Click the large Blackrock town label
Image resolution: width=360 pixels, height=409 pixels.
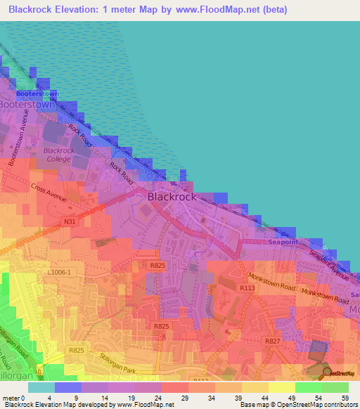(172, 197)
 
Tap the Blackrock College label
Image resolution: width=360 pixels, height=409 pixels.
(58, 155)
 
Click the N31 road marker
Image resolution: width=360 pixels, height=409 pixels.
(69, 221)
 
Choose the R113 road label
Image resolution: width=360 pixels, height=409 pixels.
(247, 287)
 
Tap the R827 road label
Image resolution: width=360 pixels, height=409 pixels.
(272, 341)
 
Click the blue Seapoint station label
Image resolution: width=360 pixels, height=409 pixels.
(283, 242)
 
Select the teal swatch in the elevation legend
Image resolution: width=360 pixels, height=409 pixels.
(41, 387)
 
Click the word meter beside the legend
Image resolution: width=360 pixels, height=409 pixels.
(11, 398)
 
